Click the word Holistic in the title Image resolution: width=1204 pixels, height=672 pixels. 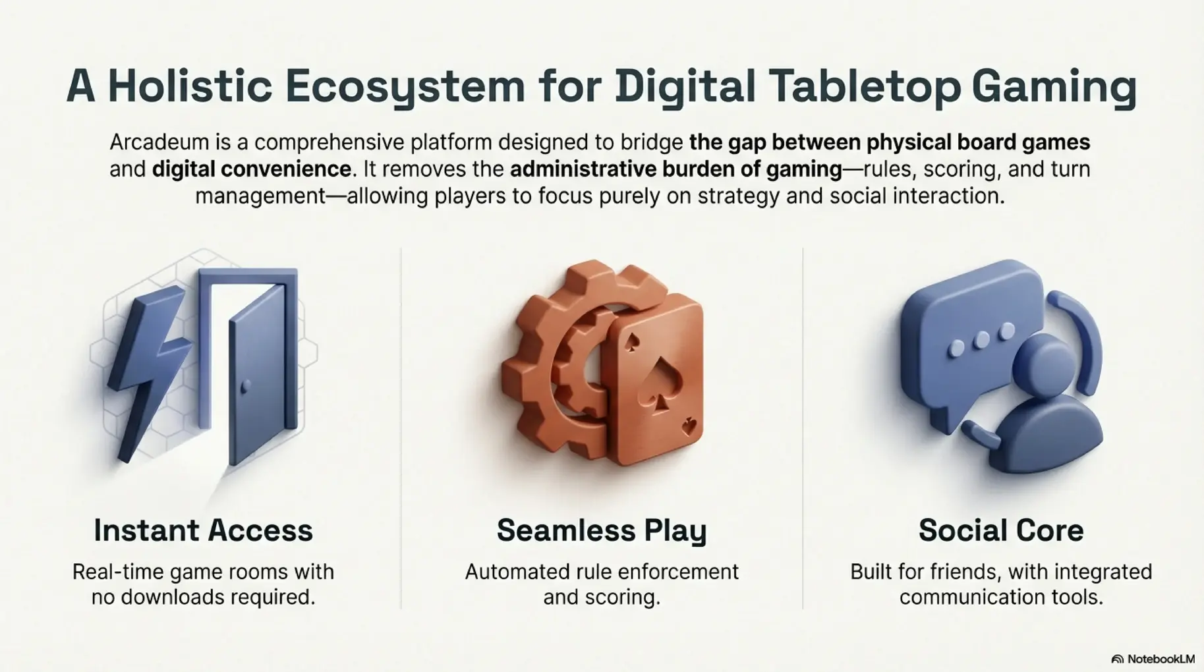tap(190, 86)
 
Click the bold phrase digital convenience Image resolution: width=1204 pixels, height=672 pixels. tap(251, 169)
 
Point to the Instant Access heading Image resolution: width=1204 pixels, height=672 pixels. tap(203, 530)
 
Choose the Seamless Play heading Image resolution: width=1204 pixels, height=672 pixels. tap(601, 530)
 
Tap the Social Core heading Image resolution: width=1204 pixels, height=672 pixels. tap(1000, 530)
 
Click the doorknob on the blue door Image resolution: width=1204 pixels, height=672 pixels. tap(245, 386)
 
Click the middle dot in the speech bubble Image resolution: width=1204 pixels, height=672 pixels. tap(981, 340)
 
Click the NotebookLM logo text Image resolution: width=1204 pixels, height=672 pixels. tap(1160, 659)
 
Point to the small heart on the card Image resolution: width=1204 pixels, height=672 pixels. tap(689, 426)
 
